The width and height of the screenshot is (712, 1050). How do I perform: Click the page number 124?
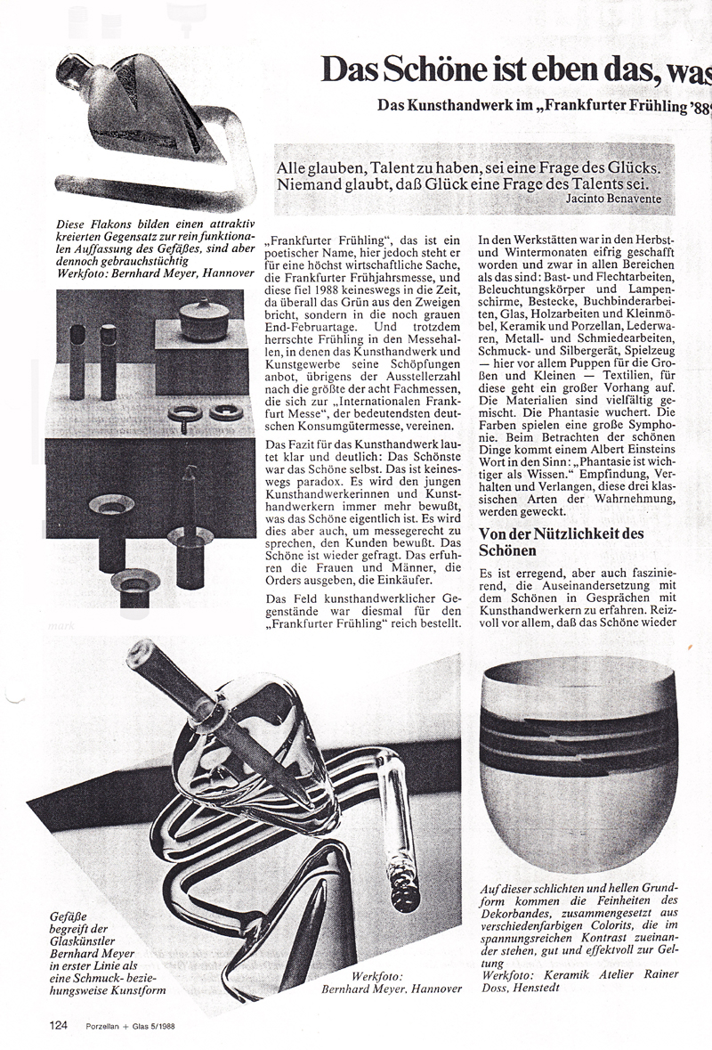click(59, 1025)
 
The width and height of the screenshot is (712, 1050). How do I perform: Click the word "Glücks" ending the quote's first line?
click(630, 167)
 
